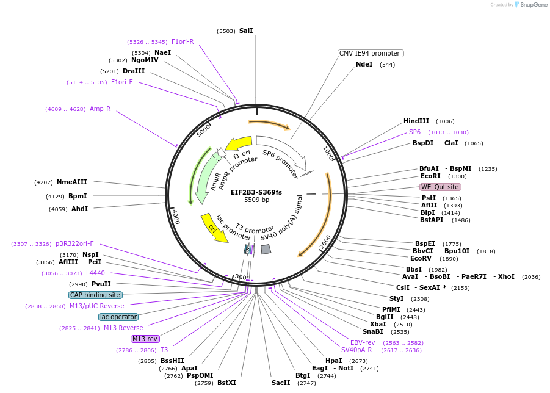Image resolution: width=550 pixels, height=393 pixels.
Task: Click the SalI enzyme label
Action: tap(246, 31)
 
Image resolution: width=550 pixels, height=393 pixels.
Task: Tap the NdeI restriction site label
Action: tap(364, 64)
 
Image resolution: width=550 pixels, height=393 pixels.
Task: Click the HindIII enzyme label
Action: tap(416, 121)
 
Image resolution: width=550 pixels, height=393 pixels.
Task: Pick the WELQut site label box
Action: tap(440, 187)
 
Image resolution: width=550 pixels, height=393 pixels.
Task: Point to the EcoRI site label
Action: tap(430, 176)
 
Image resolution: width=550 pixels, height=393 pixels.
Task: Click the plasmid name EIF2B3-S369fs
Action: tap(256, 192)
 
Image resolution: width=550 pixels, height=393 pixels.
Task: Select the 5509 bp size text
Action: tap(256, 200)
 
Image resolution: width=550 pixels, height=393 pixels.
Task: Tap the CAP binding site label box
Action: tap(95, 295)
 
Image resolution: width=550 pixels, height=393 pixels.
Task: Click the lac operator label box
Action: tap(118, 317)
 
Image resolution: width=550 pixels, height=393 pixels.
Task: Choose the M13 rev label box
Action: tap(145, 339)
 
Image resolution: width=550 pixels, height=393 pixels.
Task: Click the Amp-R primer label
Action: tap(100, 109)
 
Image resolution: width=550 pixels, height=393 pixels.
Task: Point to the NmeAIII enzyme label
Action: tap(71, 182)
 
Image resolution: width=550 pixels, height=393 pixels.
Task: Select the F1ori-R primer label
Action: tap(183, 41)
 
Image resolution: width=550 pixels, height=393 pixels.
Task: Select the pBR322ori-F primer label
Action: tap(74, 243)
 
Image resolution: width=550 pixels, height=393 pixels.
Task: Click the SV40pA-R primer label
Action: tap(356, 350)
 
